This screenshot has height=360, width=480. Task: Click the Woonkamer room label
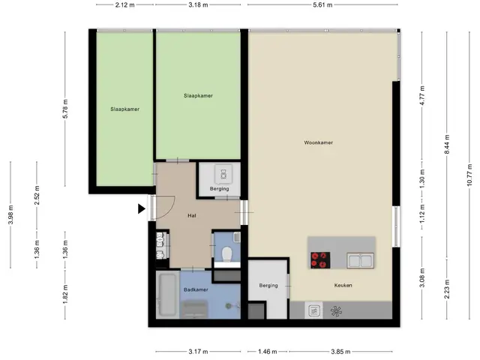pos(318,142)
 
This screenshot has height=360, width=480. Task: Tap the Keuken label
pos(343,285)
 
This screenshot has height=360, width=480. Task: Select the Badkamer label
pos(196,289)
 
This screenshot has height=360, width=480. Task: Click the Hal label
pos(192,215)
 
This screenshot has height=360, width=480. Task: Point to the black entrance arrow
pos(141,208)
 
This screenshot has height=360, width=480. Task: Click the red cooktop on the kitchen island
pos(320,260)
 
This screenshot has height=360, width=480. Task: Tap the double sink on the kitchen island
pos(360,261)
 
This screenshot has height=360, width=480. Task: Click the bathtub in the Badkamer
pos(167,295)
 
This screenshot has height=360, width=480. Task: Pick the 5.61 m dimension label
pos(322,5)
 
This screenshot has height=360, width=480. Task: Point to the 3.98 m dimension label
pos(10,215)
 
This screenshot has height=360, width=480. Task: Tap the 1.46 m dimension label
pos(267,352)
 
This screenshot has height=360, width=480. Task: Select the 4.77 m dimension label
pos(422,95)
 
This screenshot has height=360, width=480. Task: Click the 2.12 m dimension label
pos(125,5)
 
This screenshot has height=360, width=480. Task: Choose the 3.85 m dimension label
pos(340,352)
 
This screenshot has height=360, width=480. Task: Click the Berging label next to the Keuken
pos(268,285)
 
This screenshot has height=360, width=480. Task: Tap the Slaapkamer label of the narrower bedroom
pos(125,109)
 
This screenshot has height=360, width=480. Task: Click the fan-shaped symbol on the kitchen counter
pos(336,311)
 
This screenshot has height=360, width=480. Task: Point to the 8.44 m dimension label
pos(447,145)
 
